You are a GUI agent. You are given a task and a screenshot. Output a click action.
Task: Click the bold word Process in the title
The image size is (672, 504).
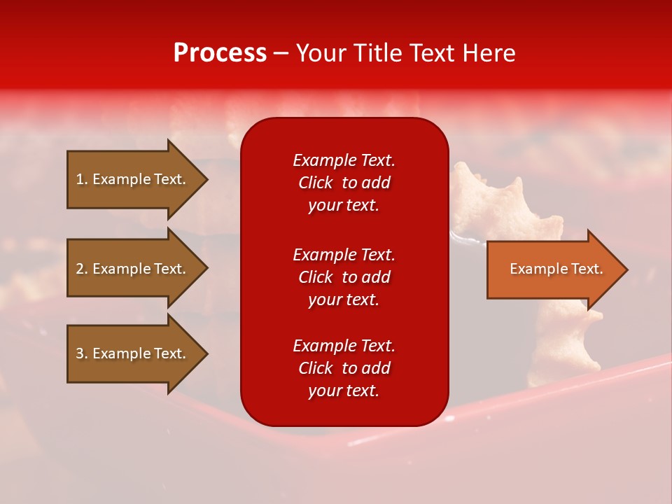click(x=220, y=53)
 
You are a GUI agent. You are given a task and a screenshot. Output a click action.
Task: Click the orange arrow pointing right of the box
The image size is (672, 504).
click(x=553, y=269)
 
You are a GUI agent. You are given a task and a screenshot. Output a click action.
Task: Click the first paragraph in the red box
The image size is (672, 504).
click(x=344, y=183)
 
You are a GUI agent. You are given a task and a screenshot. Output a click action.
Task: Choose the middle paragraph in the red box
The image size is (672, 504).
click(x=344, y=277)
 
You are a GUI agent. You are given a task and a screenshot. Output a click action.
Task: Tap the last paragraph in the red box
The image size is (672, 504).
click(x=344, y=368)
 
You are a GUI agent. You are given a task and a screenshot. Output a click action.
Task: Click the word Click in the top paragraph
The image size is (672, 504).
click(x=316, y=183)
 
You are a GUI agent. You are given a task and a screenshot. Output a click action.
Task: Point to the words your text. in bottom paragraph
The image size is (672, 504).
click(x=344, y=391)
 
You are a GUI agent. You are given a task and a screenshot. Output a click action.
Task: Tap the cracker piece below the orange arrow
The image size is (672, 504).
click(x=570, y=336)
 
